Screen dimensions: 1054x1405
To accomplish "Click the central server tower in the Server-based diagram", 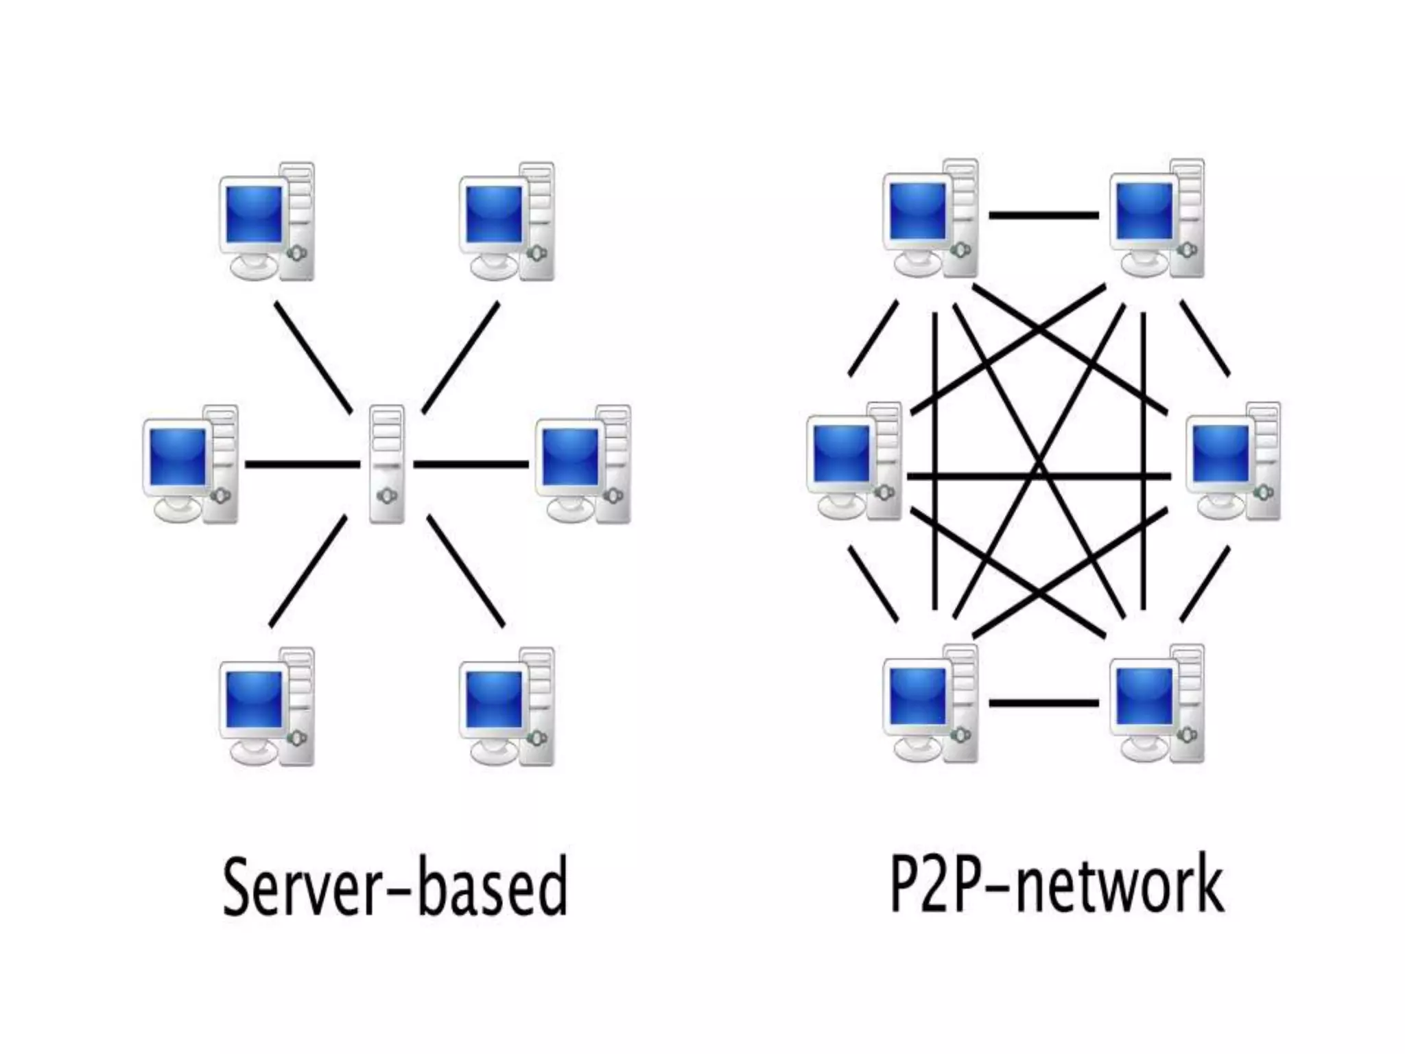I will [x=387, y=464].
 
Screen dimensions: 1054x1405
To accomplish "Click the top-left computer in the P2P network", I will [x=930, y=219].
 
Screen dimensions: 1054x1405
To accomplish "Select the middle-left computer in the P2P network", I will [x=855, y=462].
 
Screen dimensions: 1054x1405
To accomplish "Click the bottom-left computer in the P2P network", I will [x=930, y=704].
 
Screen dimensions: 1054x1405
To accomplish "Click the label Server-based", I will [x=396, y=887].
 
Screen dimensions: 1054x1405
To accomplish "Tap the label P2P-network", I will [x=1056, y=884].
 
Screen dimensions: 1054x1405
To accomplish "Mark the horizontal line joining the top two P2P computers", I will [x=1043, y=215].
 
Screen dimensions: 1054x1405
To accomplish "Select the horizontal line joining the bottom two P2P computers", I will [x=1043, y=703].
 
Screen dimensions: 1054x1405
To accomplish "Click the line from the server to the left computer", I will [x=302, y=465].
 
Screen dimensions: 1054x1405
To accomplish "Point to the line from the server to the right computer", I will [x=471, y=465].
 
